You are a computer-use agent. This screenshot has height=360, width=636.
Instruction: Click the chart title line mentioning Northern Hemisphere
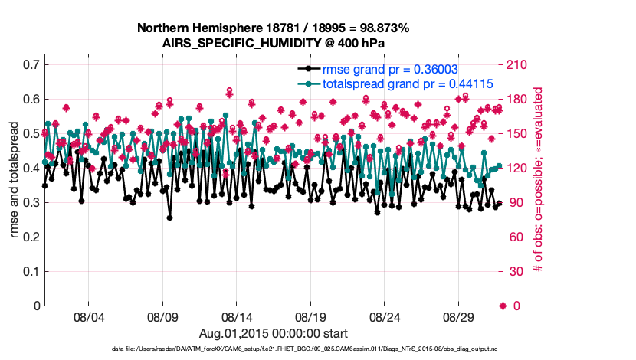coord(273,28)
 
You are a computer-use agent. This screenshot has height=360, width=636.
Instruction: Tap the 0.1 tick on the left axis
coord(31,271)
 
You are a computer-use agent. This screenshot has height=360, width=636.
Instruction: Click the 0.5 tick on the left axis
coord(31,133)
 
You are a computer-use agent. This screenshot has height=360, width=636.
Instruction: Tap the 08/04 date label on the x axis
coord(88,316)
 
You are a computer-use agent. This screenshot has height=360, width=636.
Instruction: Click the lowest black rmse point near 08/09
coord(169,218)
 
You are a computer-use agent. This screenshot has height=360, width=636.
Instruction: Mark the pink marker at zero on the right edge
coord(503,306)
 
